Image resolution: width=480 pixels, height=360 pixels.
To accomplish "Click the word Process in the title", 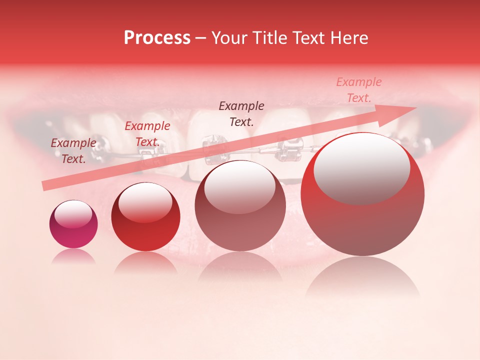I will tap(157, 38).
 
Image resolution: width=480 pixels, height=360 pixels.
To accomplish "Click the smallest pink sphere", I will tap(73, 224).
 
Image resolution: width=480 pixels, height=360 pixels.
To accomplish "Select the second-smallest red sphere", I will tap(145, 216).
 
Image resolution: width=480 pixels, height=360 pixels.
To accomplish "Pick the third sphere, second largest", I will tap(240, 205).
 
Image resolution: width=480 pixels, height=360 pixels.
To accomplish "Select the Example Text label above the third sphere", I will tap(241, 113).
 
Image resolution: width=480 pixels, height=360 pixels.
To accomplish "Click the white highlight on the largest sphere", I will tap(361, 168).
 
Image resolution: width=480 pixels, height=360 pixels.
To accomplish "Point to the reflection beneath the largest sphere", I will tap(362, 277).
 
